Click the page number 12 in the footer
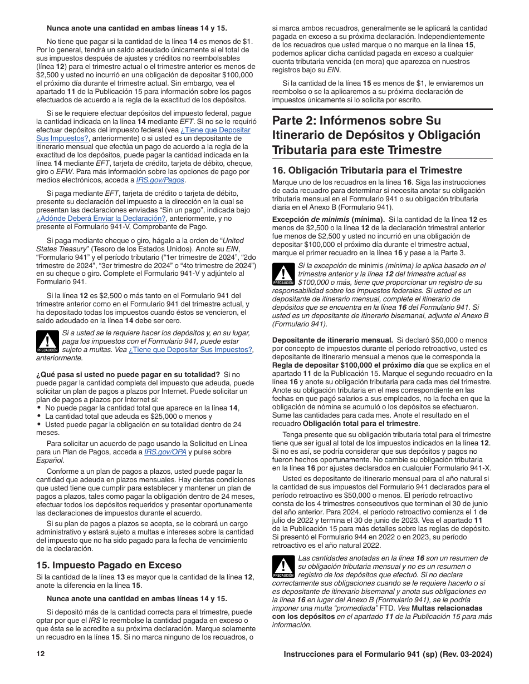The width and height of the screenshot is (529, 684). point(40,655)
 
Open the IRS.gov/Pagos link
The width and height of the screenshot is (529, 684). point(161,180)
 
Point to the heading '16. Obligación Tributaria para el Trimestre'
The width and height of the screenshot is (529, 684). point(367,170)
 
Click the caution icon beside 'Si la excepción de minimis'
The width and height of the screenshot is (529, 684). point(283,274)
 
